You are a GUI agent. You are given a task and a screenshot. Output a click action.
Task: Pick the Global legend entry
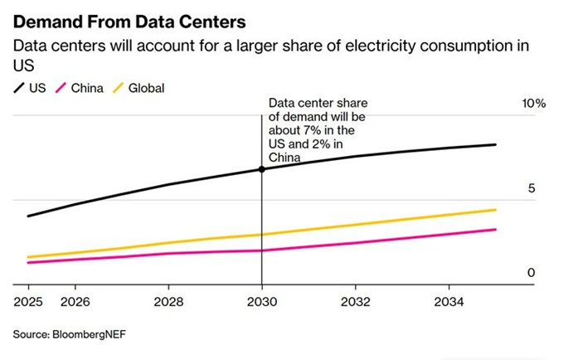tap(138, 88)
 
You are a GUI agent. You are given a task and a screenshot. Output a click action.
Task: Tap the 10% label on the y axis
tap(532, 104)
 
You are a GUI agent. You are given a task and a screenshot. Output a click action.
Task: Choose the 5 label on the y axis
tap(533, 189)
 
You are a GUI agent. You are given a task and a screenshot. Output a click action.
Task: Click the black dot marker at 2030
tap(262, 169)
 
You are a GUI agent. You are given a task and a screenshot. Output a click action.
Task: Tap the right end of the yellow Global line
tap(496, 210)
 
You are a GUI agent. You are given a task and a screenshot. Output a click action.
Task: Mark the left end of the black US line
tap(28, 216)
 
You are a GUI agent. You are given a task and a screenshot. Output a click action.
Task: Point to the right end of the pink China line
tap(496, 230)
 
